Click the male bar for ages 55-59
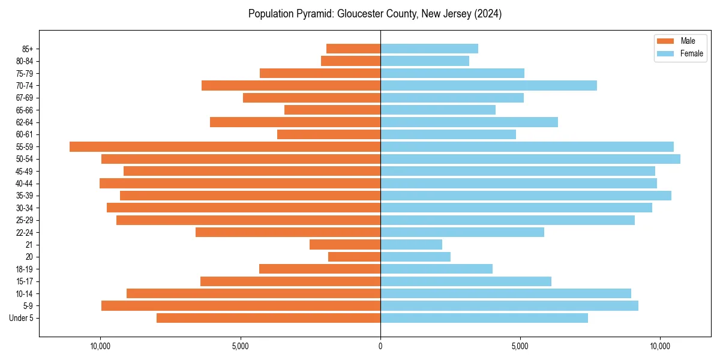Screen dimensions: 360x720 click(225, 147)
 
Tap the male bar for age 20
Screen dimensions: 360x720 click(354, 257)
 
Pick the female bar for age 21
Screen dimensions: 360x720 click(411, 245)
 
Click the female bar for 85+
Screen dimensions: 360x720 click(429, 49)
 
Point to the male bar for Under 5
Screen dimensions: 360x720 click(268, 318)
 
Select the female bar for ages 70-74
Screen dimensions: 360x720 click(488, 85)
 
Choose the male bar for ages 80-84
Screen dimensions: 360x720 click(350, 61)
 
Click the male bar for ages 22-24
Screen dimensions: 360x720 click(288, 232)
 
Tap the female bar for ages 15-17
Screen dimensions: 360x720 click(466, 281)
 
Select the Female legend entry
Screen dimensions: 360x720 click(680, 53)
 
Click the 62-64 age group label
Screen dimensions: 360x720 click(25, 122)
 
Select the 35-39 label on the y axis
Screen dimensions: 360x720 click(25, 196)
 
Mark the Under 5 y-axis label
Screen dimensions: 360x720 click(22, 318)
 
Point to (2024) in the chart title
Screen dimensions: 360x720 click(488, 14)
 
